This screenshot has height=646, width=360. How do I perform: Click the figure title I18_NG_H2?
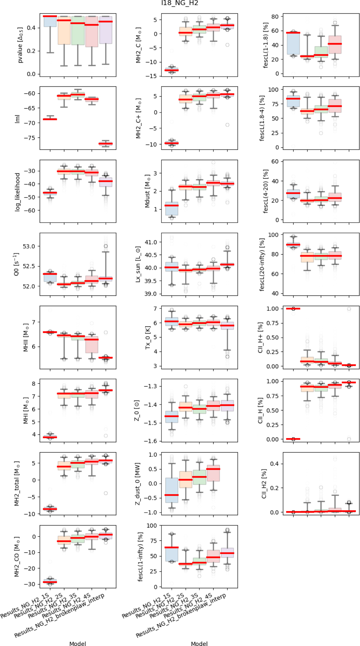point(180,3)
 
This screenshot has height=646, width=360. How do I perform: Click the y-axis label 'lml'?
point(17,118)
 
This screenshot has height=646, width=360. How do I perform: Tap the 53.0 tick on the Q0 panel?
point(29,246)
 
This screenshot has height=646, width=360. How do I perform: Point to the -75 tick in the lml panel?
point(30,138)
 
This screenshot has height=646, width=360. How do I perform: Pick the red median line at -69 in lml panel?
point(50,119)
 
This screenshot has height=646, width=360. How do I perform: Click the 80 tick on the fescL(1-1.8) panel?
point(275,17)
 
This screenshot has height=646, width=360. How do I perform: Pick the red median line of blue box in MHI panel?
point(50,437)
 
